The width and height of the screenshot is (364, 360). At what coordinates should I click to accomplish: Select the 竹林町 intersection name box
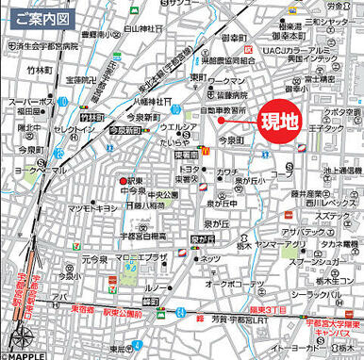click(91, 117)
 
